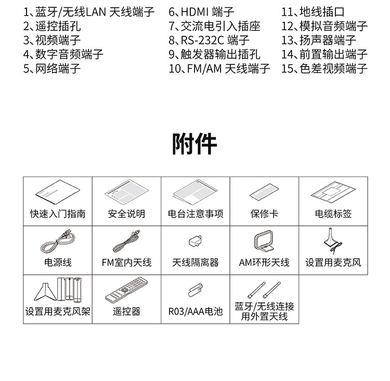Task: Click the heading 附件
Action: pos(194,143)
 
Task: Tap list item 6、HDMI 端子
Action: pos(201,12)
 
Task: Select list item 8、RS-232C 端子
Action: pos(209,40)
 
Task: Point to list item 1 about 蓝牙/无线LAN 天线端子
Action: pos(89,12)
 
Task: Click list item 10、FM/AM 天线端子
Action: pos(219,68)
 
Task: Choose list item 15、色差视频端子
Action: pos(324,68)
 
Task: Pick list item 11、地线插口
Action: pos(313,12)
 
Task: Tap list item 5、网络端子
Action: pos(52,68)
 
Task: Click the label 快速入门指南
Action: pos(58,214)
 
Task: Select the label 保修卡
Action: pos(264,214)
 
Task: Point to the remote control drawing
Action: pos(126,290)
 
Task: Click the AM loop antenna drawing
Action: pos(264,242)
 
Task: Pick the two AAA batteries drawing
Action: pos(196,289)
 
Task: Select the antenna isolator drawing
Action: pos(196,242)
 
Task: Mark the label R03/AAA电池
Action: pos(196,311)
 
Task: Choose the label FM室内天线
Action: pos(126,262)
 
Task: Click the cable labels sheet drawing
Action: pos(333,193)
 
